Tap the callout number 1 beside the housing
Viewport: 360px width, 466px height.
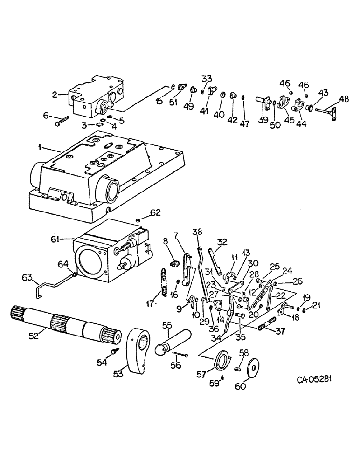point(41,148)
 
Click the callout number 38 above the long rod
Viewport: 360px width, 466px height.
point(198,232)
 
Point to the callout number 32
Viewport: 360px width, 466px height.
point(222,241)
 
